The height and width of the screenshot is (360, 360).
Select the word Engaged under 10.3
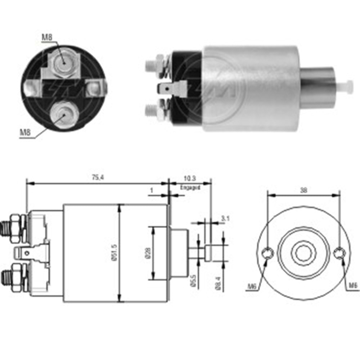(190, 187)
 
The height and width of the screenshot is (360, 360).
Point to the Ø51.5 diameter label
(115, 253)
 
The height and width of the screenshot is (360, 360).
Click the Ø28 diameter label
(148, 253)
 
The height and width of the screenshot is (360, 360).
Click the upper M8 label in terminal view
(46, 36)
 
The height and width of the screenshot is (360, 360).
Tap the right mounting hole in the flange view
(339, 253)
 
